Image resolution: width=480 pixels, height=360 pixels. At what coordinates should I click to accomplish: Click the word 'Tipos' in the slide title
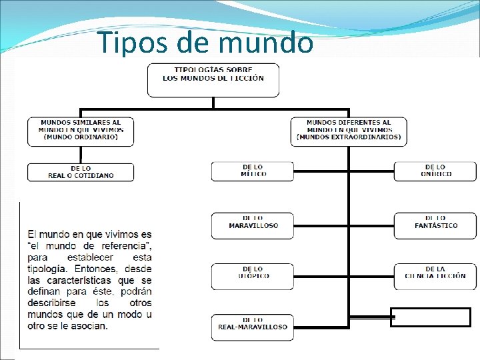click(x=133, y=43)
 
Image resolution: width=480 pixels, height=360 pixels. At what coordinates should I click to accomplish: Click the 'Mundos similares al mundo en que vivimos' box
click(x=81, y=131)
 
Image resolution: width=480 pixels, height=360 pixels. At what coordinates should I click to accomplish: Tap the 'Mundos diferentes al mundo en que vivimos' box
click(x=349, y=131)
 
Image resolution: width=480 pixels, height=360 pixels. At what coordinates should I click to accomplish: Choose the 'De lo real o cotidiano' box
click(x=81, y=172)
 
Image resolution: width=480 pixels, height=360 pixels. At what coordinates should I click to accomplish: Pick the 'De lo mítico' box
click(x=253, y=171)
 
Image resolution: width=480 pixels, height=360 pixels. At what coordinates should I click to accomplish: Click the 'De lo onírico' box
click(x=435, y=171)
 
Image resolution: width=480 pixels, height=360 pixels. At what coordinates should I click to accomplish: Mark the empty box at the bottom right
click(x=430, y=317)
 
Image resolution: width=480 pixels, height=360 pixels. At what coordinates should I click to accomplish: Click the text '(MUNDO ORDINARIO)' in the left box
click(x=81, y=137)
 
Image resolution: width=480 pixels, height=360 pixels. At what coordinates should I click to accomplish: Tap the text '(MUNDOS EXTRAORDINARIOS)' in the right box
click(x=349, y=137)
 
